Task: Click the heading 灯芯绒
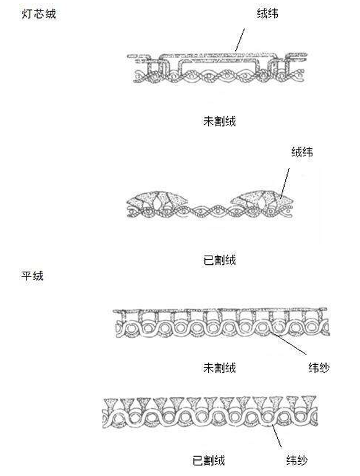click(x=39, y=14)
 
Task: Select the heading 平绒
click(x=33, y=275)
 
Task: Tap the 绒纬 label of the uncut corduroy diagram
click(x=267, y=14)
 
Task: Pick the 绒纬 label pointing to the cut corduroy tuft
click(x=303, y=152)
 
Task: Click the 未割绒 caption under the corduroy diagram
click(x=219, y=121)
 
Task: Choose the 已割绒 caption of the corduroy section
click(x=219, y=260)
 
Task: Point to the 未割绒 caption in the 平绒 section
click(x=219, y=368)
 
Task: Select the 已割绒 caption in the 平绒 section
click(x=209, y=461)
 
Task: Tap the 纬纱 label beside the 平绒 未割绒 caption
click(x=319, y=368)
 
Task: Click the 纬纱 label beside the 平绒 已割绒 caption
click(x=297, y=461)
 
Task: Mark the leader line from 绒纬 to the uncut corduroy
click(x=240, y=40)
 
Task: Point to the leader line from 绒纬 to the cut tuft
click(x=285, y=183)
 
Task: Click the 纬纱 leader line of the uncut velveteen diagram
click(x=288, y=343)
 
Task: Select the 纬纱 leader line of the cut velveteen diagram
click(x=277, y=436)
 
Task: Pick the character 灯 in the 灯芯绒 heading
click(x=27, y=14)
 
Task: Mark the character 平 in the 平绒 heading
click(x=27, y=275)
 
